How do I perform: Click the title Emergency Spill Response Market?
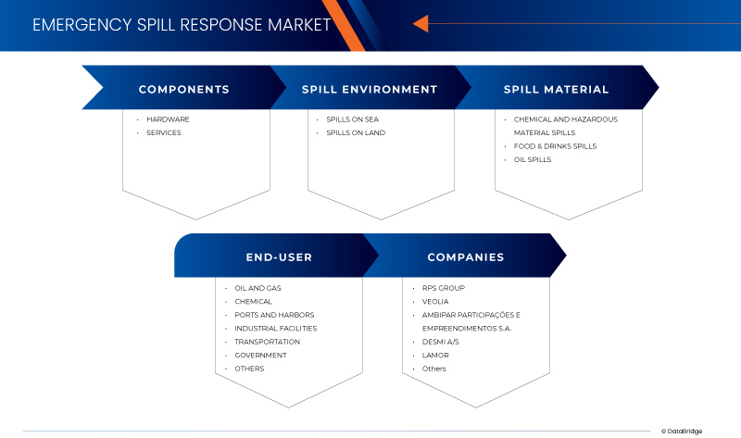(x=182, y=25)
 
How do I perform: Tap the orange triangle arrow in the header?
(x=421, y=24)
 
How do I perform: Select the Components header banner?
(x=183, y=90)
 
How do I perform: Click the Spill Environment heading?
(x=369, y=90)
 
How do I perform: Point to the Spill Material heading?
(x=556, y=90)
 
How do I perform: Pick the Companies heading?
(x=465, y=257)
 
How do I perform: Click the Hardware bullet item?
(x=168, y=119)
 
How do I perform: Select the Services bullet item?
(x=164, y=132)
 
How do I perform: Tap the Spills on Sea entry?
(x=352, y=119)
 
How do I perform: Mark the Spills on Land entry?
(x=355, y=132)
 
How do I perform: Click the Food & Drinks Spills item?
(x=555, y=146)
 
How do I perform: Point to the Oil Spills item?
(x=533, y=159)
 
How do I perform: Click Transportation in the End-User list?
(x=267, y=342)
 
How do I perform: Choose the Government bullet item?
(x=260, y=355)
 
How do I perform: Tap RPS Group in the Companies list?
(x=443, y=288)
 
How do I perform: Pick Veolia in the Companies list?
(x=435, y=301)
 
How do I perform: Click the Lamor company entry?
(x=435, y=355)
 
